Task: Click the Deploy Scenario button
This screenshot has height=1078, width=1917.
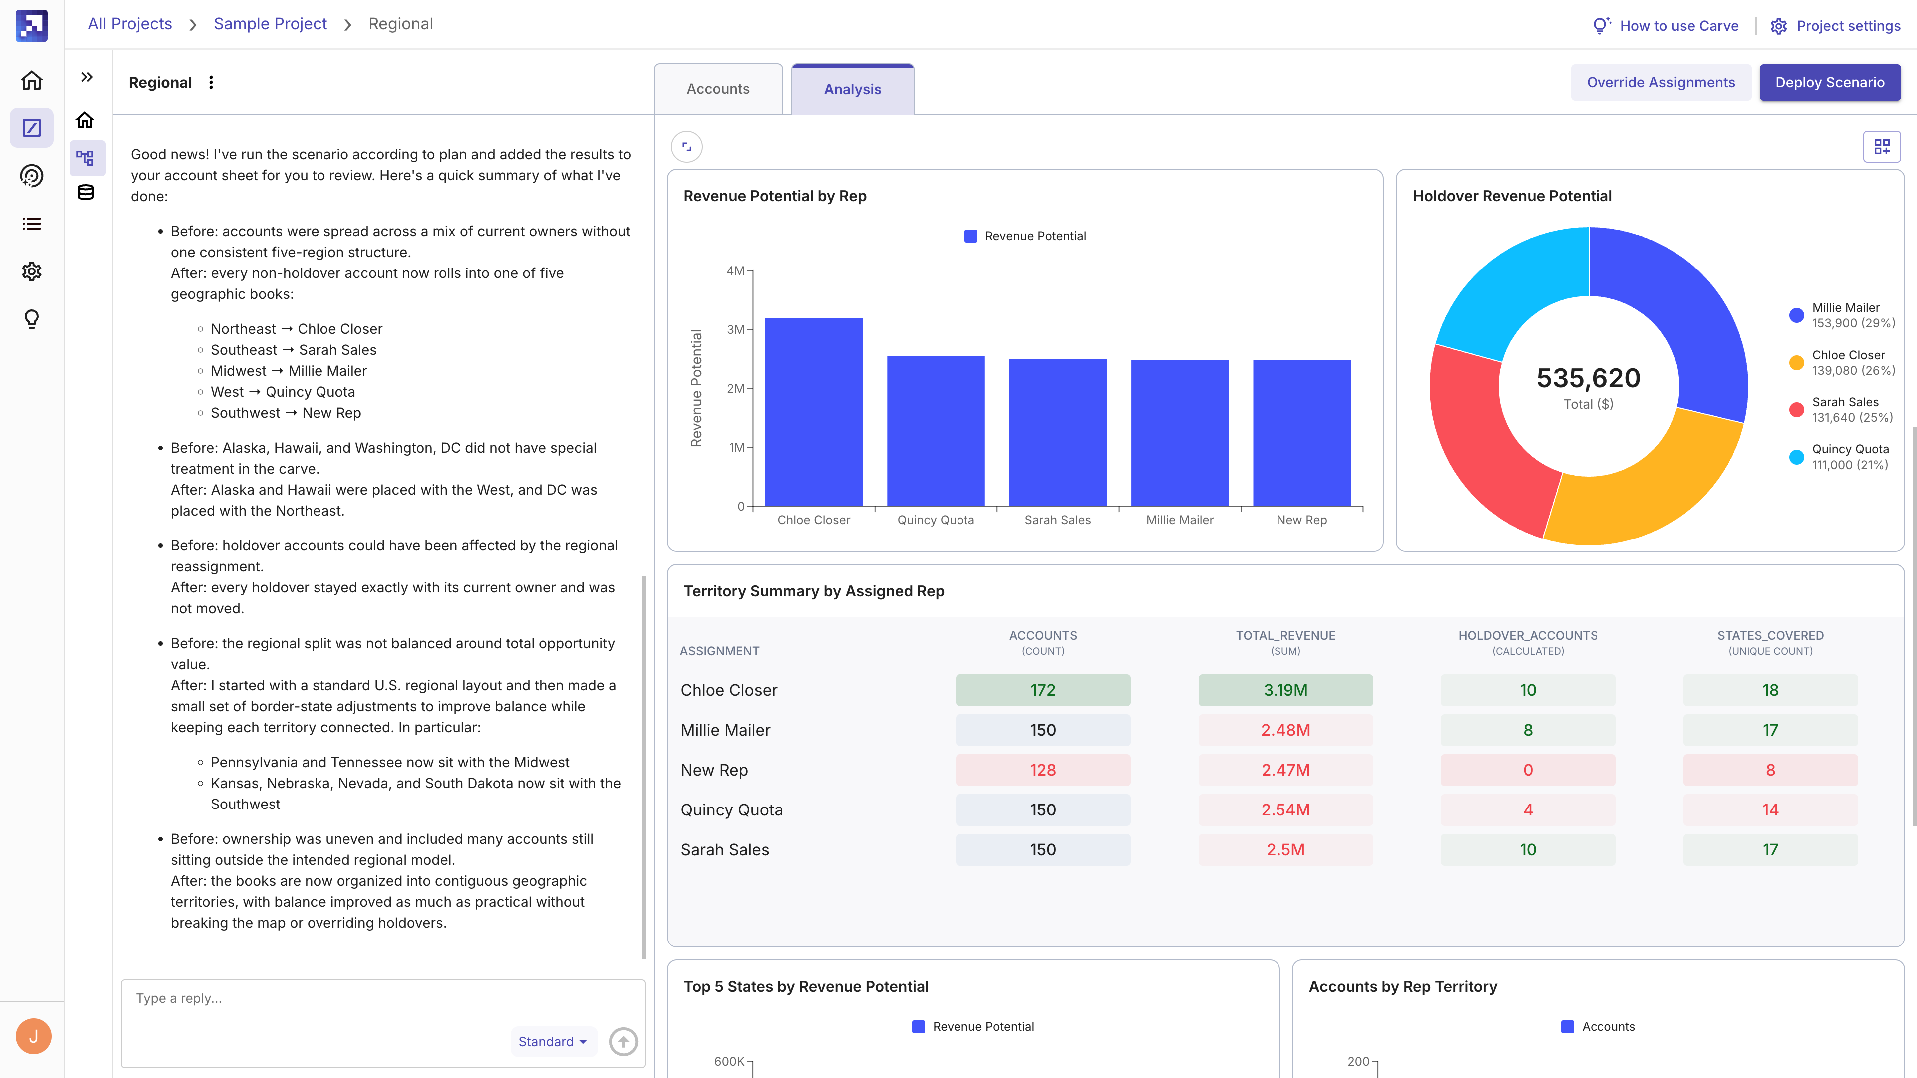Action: pyautogui.click(x=1829, y=82)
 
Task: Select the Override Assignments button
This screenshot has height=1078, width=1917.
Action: pyautogui.click(x=1660, y=82)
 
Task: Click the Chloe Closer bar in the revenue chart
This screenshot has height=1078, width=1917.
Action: pyautogui.click(x=813, y=412)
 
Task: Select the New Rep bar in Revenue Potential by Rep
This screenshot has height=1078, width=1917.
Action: pyautogui.click(x=1301, y=433)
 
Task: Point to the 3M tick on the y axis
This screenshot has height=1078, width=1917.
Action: pyautogui.click(x=735, y=329)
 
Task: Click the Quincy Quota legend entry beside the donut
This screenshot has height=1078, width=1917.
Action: pyautogui.click(x=1841, y=457)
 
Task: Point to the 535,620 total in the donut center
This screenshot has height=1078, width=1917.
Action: pyautogui.click(x=1588, y=378)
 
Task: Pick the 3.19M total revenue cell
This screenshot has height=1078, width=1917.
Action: pyautogui.click(x=1285, y=690)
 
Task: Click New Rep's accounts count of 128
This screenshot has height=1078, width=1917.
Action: pyautogui.click(x=1042, y=770)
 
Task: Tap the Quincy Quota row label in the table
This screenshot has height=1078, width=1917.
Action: pyautogui.click(x=731, y=809)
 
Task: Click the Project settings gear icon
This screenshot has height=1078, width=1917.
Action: pyautogui.click(x=1778, y=26)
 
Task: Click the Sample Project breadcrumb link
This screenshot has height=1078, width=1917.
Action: pyautogui.click(x=270, y=24)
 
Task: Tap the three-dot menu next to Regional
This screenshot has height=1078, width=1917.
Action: pyautogui.click(x=211, y=82)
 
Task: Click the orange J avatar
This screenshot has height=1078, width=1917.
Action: pyautogui.click(x=33, y=1037)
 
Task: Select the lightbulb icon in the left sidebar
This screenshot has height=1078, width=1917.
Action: pyautogui.click(x=32, y=320)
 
